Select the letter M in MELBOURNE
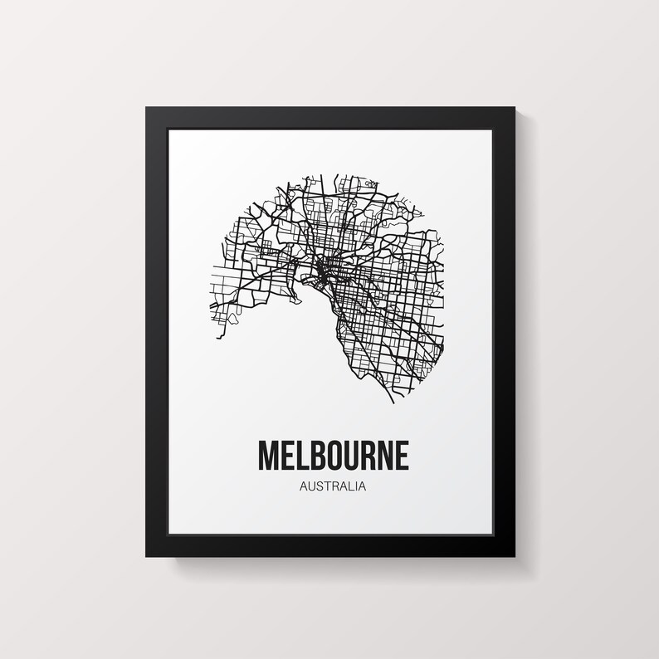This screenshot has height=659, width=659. (x=270, y=456)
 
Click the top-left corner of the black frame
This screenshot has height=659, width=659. (x=147, y=108)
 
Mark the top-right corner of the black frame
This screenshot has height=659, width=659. (x=514, y=108)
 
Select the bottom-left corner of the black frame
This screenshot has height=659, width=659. (x=147, y=554)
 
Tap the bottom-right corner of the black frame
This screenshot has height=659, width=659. (x=514, y=554)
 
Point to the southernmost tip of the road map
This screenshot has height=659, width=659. (x=393, y=403)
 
